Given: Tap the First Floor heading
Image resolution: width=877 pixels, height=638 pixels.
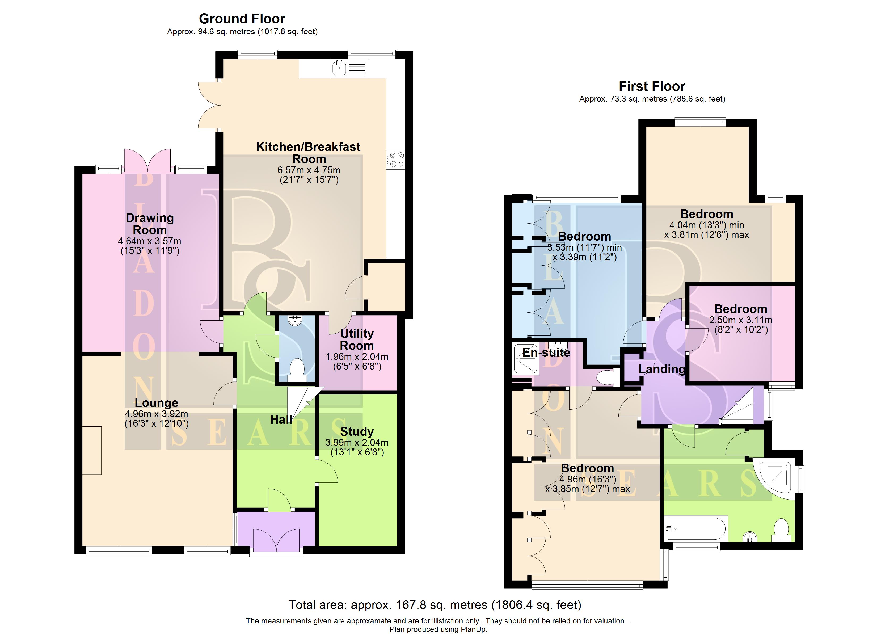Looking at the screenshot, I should (652, 86).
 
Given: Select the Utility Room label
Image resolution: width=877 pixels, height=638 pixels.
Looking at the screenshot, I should (357, 339).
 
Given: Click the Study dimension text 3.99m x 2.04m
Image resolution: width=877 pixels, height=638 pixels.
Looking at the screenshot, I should (357, 443).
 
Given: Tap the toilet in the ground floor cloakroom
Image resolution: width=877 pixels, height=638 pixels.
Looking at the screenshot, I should (297, 371).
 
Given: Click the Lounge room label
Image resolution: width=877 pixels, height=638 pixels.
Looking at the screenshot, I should (156, 403).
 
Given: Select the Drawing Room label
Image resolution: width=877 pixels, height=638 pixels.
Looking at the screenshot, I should (150, 224).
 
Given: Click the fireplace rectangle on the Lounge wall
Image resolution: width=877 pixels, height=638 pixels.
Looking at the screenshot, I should (92, 450).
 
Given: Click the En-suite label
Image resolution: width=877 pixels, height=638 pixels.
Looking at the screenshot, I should (546, 352).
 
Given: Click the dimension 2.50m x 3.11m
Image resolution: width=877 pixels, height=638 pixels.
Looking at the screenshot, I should (740, 320).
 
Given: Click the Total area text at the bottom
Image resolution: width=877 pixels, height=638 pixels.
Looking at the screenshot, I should (435, 605).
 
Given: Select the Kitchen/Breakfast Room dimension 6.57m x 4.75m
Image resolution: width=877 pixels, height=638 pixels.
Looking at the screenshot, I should (309, 170).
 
